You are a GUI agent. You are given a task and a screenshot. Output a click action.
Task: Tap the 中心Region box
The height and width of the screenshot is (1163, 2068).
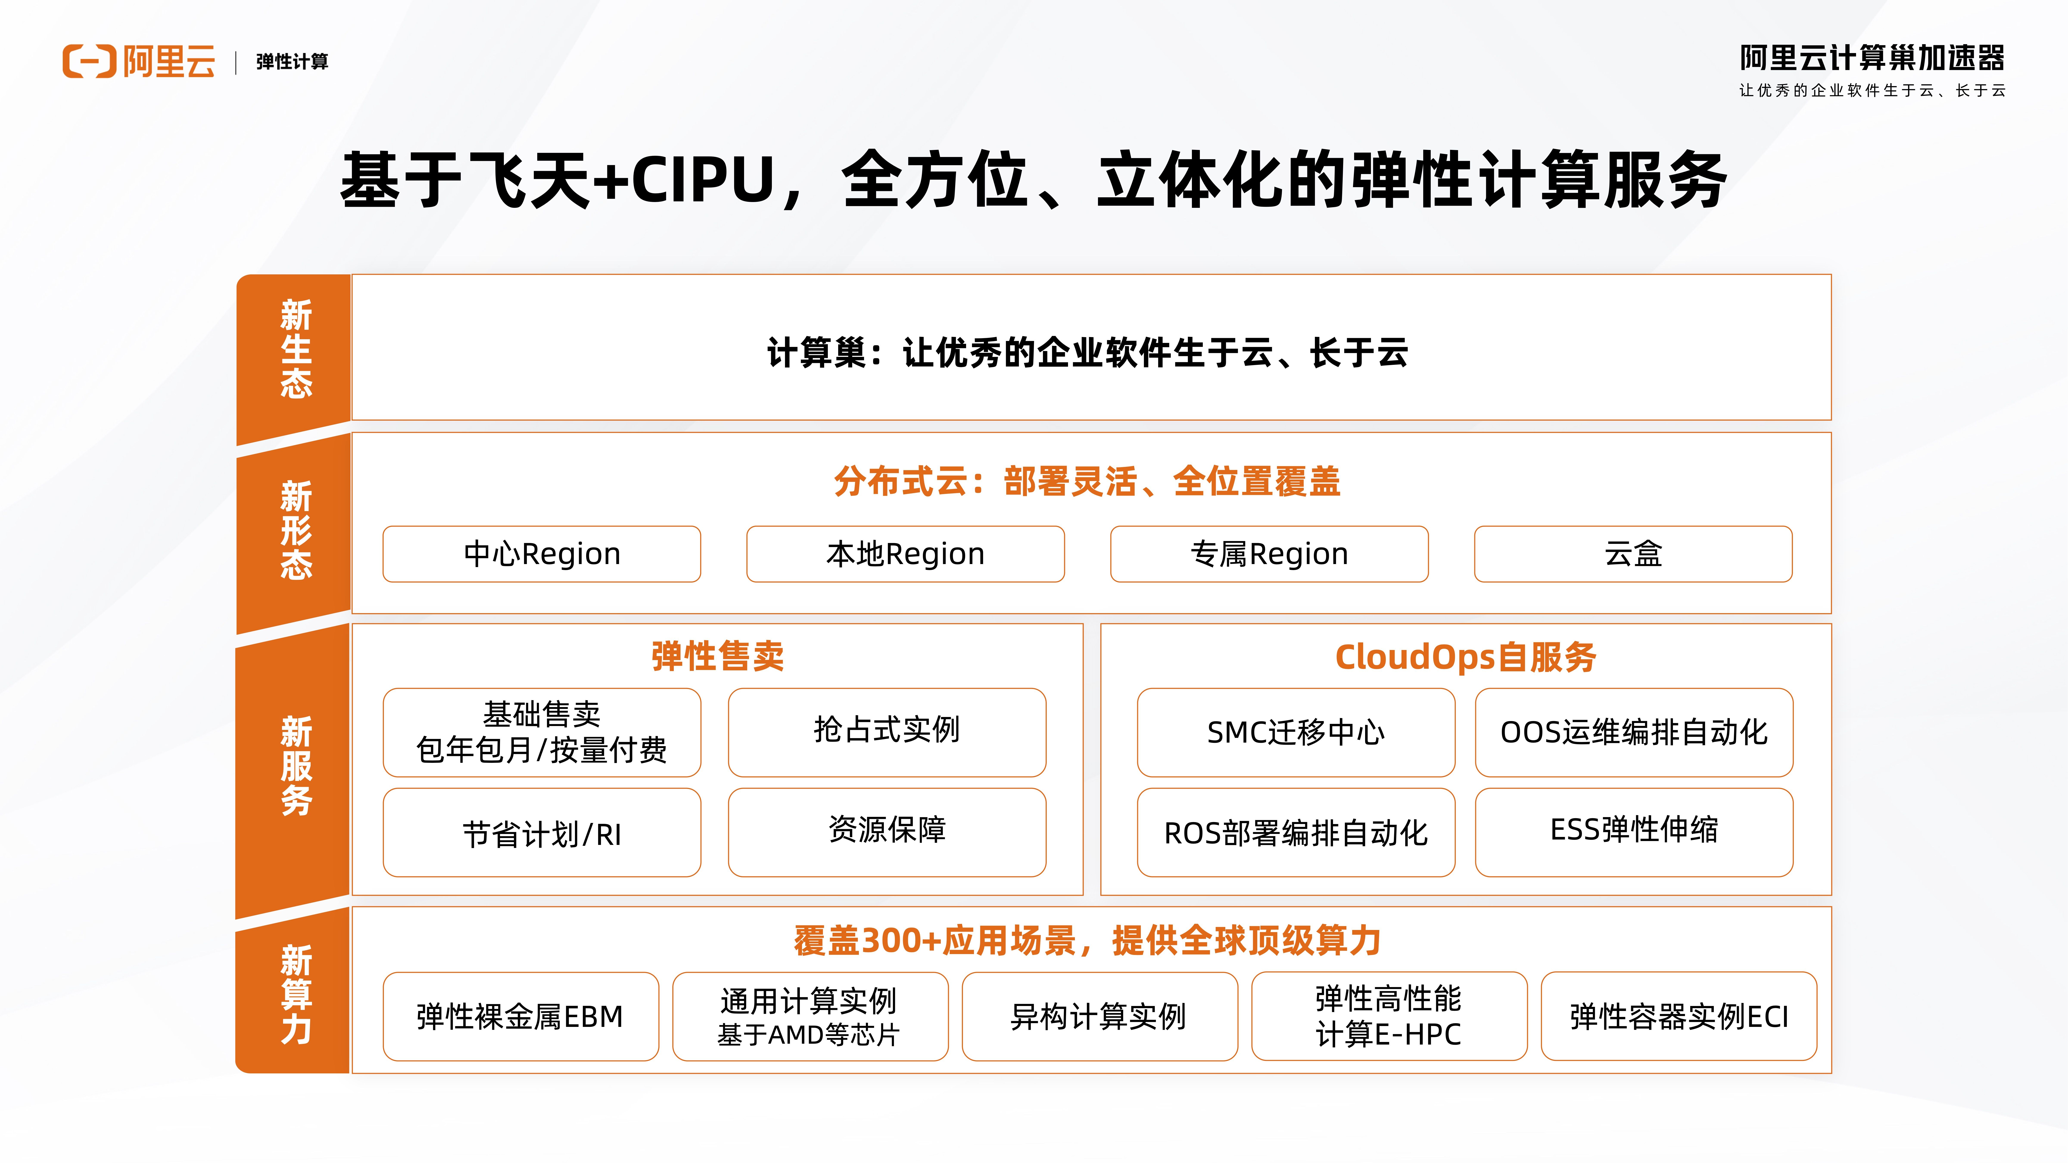click(x=542, y=554)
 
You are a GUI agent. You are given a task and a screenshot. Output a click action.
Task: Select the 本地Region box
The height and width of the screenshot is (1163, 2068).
click(x=906, y=554)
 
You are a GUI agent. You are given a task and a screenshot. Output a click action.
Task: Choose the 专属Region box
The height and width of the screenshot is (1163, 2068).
click(x=1269, y=554)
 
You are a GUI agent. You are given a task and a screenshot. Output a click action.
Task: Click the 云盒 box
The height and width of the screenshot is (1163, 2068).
click(x=1633, y=554)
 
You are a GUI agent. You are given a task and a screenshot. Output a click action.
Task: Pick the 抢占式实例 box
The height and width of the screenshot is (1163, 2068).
click(x=887, y=732)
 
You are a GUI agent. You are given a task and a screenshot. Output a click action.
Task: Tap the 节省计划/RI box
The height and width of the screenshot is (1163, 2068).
click(x=542, y=832)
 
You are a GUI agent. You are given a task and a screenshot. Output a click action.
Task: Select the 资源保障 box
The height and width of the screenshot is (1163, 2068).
click(x=887, y=832)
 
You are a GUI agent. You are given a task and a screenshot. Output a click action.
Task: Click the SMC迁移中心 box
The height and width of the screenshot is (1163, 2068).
click(x=1296, y=732)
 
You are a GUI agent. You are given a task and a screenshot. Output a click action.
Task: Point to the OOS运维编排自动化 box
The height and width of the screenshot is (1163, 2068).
click(x=1634, y=732)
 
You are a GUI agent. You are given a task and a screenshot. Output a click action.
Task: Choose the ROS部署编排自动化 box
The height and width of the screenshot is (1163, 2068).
click(x=1296, y=832)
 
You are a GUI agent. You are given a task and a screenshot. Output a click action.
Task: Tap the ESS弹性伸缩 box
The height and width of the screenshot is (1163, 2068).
click(x=1634, y=832)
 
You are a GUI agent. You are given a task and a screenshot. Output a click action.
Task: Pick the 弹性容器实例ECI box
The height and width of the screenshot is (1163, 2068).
click(x=1679, y=1016)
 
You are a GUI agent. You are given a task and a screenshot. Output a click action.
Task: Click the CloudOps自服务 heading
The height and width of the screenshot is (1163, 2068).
click(x=1465, y=656)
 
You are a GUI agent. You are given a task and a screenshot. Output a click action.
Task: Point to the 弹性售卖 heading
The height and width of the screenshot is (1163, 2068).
click(x=718, y=656)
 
